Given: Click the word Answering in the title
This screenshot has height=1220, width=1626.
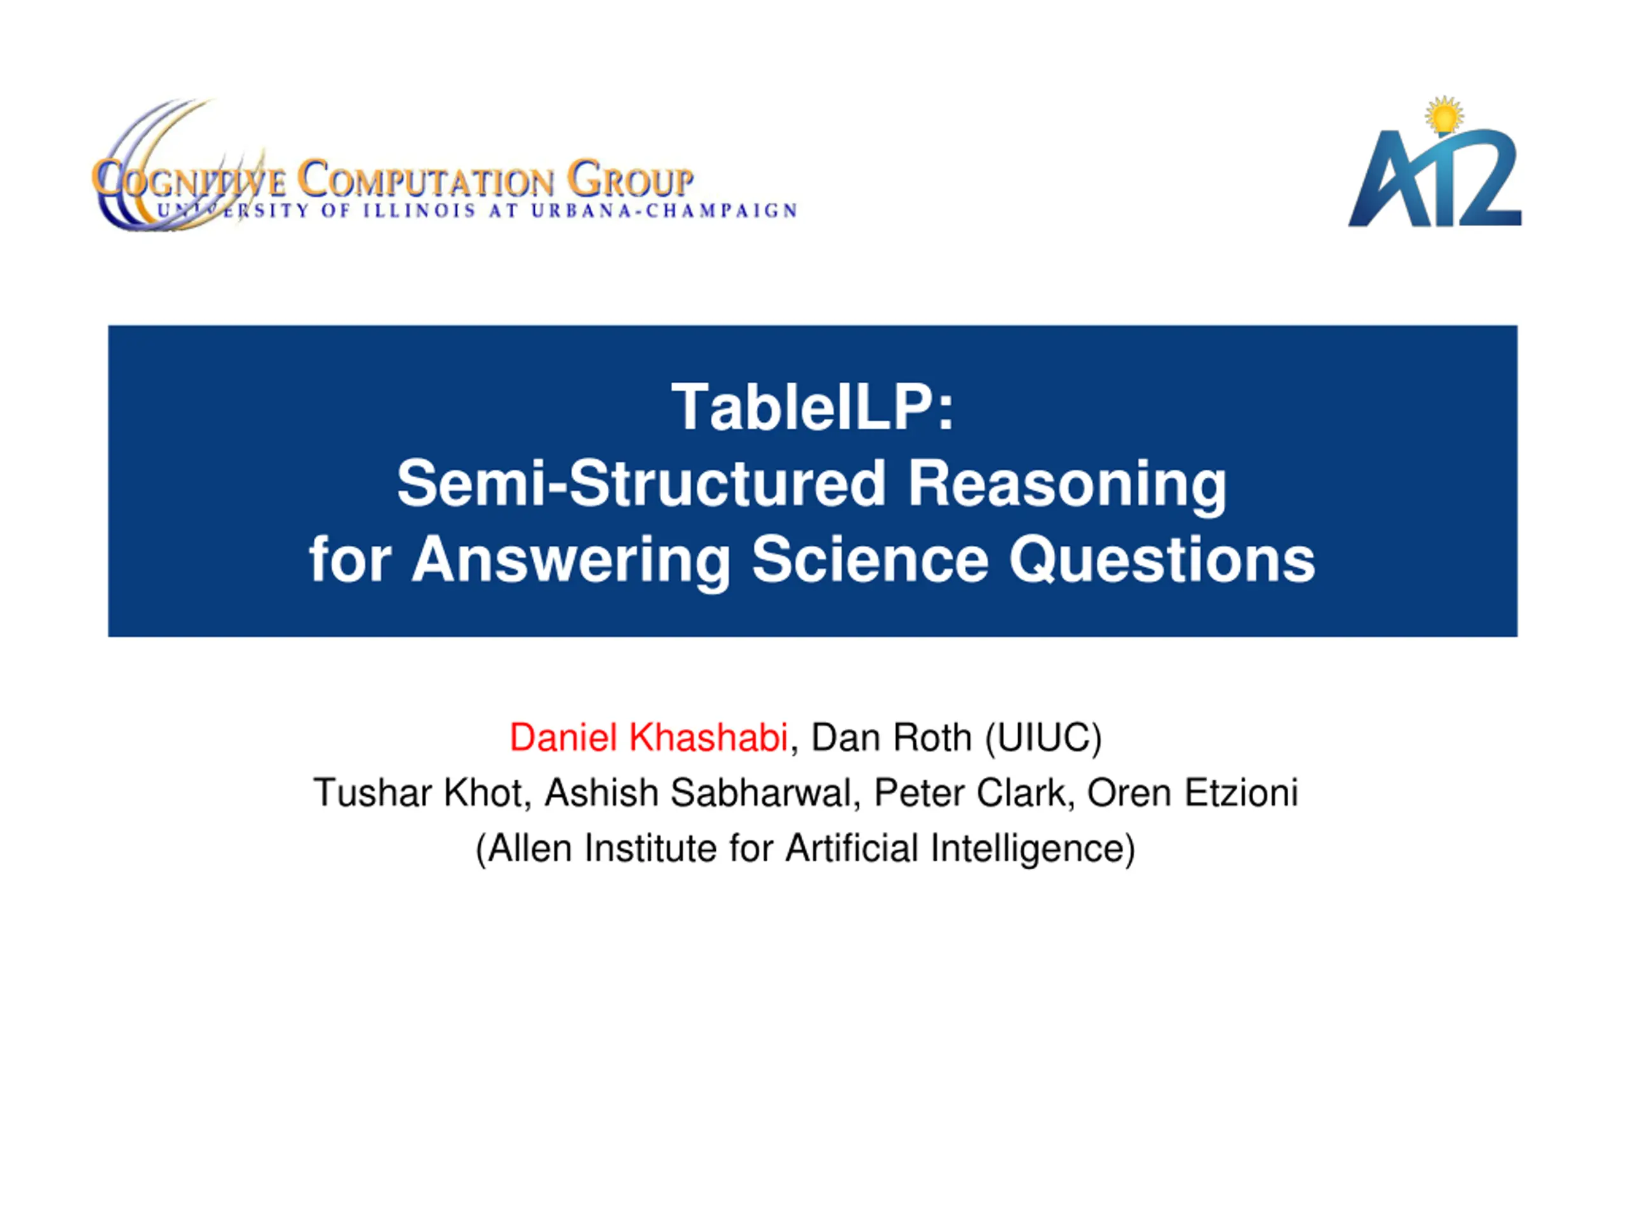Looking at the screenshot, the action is point(571,560).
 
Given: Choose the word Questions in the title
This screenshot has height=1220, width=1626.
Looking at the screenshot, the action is point(1162,560).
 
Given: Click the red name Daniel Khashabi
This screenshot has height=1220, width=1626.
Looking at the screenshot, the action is point(648,738).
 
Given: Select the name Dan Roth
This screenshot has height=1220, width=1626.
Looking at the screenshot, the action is point(892,738).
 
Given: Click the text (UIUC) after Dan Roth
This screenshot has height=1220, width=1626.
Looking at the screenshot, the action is point(1044,738).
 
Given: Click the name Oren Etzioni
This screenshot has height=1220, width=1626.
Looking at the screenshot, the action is point(1192,793).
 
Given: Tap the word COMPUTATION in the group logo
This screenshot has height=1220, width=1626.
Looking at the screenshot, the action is point(426,179).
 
